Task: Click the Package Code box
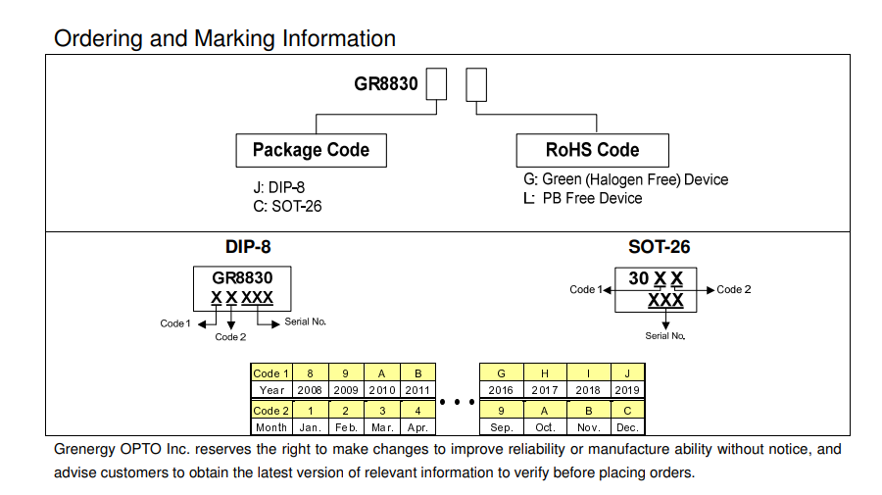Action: click(x=311, y=150)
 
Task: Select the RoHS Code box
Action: click(x=592, y=150)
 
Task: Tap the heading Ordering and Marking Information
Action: click(x=225, y=38)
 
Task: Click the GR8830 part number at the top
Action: click(x=386, y=84)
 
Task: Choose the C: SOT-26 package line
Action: click(x=287, y=206)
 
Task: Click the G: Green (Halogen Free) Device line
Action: click(x=626, y=179)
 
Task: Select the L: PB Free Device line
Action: click(x=583, y=198)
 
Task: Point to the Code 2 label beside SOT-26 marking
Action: click(x=734, y=290)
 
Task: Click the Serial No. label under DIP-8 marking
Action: click(x=306, y=322)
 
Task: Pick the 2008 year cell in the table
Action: click(x=311, y=390)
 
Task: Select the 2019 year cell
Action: click(x=627, y=390)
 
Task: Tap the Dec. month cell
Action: click(x=627, y=427)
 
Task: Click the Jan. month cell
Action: click(x=311, y=427)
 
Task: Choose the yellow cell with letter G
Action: click(x=502, y=373)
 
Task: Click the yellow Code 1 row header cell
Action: click(x=271, y=373)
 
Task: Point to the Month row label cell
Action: click(x=271, y=427)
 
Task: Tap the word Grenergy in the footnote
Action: click(x=87, y=450)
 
